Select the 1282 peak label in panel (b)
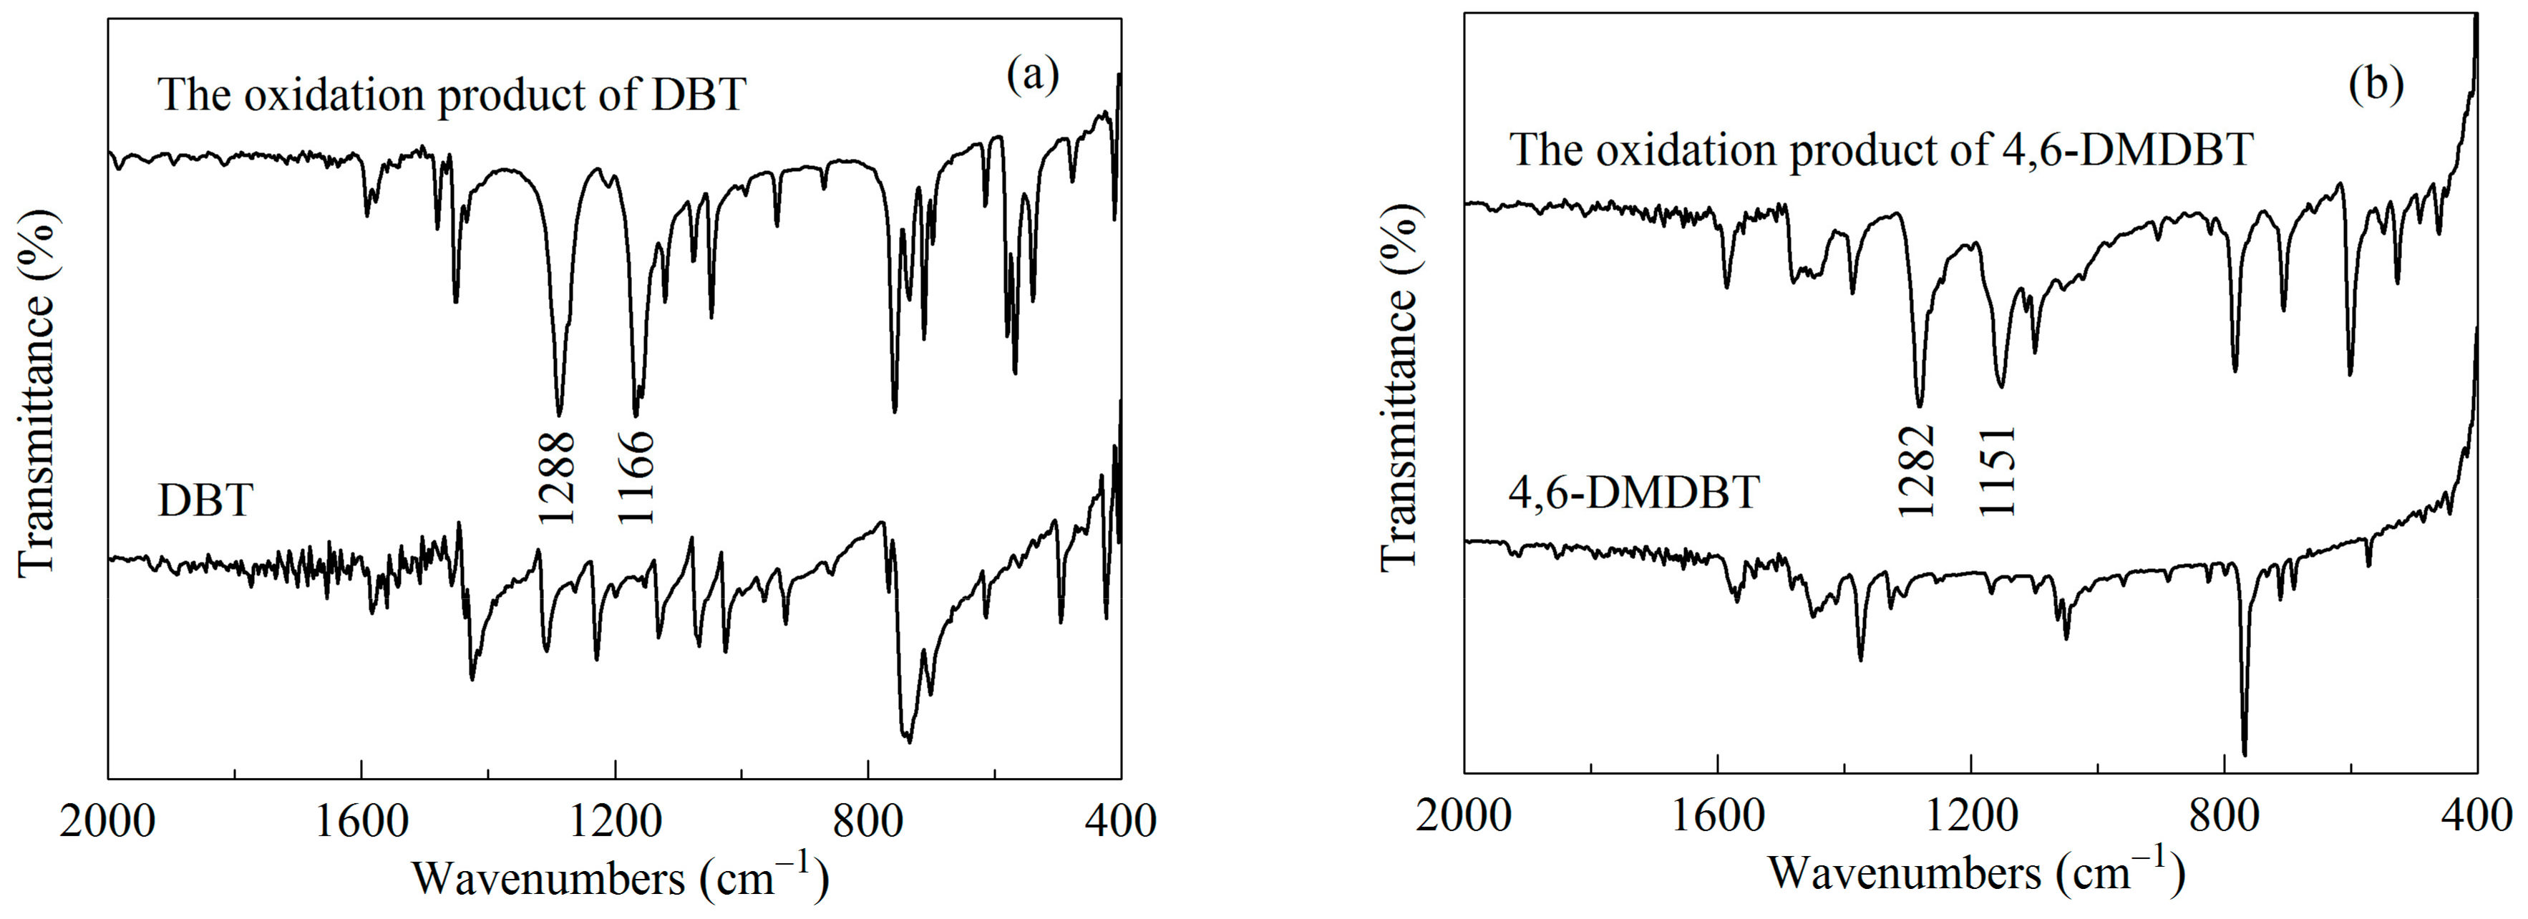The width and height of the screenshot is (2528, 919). tap(1915, 470)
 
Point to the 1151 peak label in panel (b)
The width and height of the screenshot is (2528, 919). tap(1996, 470)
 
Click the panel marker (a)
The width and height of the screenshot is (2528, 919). tap(1032, 76)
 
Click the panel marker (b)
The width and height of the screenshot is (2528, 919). tap(2375, 85)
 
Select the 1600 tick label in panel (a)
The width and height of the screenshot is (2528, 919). tap(361, 820)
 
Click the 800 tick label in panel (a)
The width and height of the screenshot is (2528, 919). tap(867, 820)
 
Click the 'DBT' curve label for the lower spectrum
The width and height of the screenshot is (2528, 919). tap(205, 501)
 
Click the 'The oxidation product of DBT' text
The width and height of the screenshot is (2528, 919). tap(452, 95)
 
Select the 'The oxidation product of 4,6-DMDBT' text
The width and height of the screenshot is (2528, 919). tap(1880, 150)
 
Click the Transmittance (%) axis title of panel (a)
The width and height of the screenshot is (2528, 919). tap(37, 393)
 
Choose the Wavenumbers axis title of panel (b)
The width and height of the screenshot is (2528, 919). tap(1976, 872)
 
